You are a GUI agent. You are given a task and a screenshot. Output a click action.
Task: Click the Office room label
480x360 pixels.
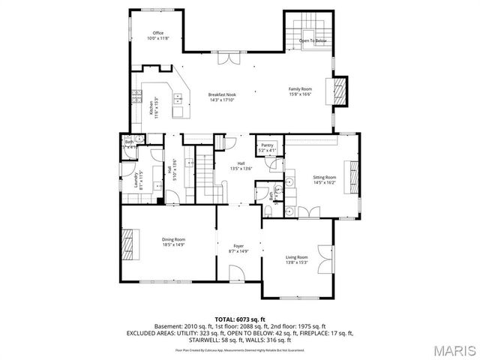coord(158,33)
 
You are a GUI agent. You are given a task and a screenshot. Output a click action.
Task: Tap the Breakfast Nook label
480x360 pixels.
coord(223,94)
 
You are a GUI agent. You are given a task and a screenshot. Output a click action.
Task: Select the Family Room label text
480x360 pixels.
coord(300,88)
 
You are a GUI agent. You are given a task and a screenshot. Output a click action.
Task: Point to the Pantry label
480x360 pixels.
coord(267,146)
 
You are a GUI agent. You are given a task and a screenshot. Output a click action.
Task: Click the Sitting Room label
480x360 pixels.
coord(325,177)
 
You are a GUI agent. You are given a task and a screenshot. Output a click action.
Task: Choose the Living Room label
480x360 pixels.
coord(297,257)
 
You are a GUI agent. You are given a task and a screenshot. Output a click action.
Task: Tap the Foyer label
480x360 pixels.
coord(238,244)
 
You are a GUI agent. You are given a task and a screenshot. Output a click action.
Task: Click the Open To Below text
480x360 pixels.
coord(312,40)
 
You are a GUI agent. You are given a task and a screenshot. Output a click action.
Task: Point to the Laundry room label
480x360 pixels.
coord(136,180)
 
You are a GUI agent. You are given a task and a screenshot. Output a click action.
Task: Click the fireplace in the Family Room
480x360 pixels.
coord(340,90)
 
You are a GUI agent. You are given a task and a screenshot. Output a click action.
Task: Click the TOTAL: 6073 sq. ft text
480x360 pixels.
coord(240,319)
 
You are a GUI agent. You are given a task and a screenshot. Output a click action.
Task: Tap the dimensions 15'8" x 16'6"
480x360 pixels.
coord(300,94)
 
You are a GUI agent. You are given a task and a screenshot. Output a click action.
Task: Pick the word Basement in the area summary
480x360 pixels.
coord(166,326)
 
